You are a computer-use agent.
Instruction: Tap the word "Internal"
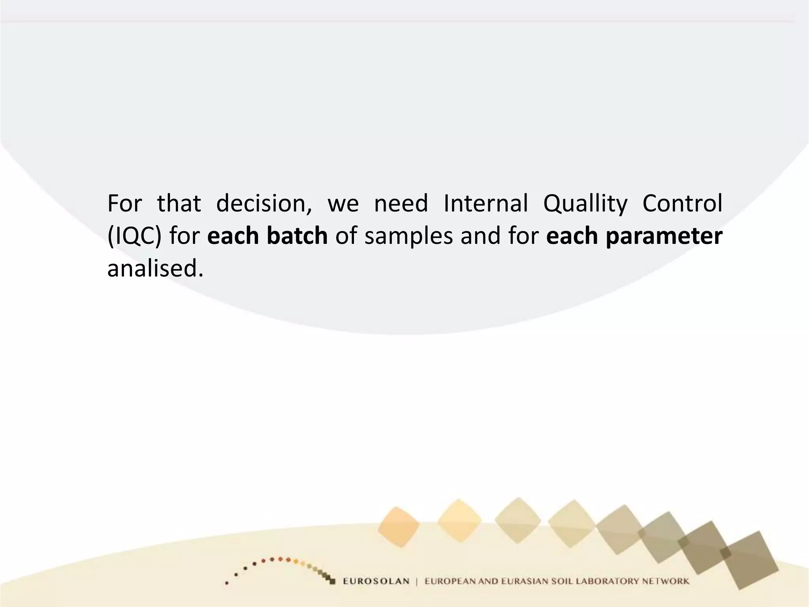tap(485, 204)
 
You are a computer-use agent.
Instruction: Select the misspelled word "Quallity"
tap(585, 204)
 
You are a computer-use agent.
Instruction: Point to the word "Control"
tap(682, 204)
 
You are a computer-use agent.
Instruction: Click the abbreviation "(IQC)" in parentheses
tap(134, 236)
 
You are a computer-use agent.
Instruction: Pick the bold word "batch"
tap(297, 236)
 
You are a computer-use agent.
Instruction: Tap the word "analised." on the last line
tap(155, 268)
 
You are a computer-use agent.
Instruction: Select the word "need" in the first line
tap(401, 204)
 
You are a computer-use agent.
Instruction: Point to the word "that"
tap(179, 204)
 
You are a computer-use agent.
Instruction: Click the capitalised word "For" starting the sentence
tap(124, 204)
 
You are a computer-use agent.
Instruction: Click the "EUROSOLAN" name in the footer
tap(376, 581)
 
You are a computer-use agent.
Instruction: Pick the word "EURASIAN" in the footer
tap(525, 581)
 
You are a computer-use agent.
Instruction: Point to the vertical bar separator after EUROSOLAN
tap(417, 581)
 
